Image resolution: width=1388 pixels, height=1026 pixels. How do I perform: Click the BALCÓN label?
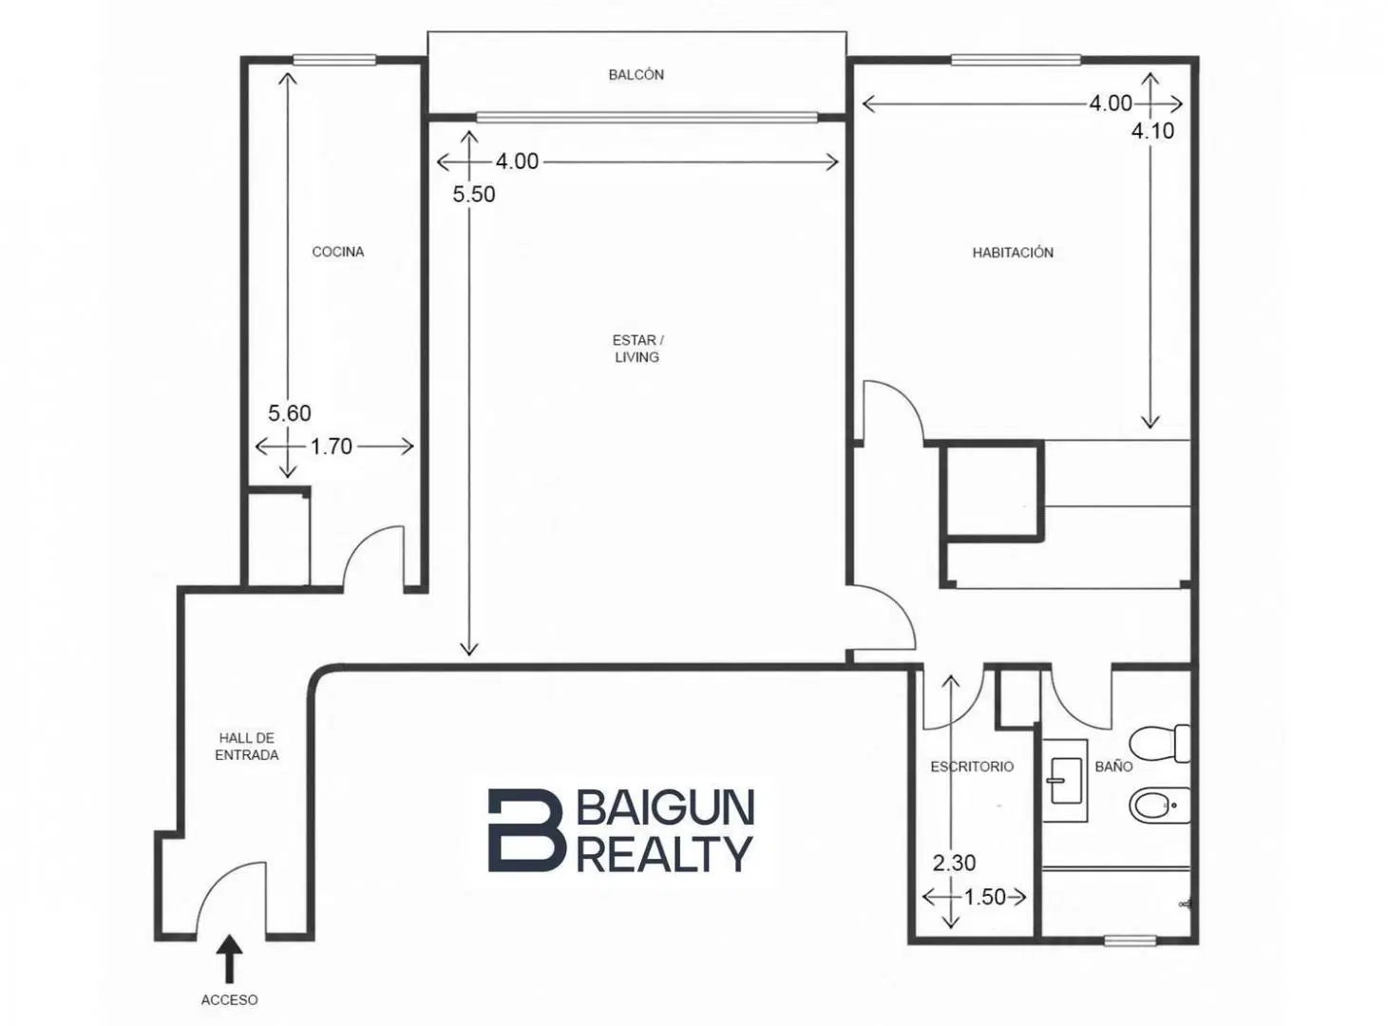tap(636, 75)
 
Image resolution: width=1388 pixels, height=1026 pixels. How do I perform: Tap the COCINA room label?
tap(338, 252)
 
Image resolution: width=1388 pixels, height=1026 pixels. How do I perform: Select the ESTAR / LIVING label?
tap(637, 349)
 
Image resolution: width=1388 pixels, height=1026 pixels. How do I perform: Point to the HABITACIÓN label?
tap(1013, 253)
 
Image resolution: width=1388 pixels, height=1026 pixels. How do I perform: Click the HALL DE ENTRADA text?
tap(247, 746)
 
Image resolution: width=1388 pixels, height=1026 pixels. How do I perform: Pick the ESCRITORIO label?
tap(972, 767)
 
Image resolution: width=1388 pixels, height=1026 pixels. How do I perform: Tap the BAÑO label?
tap(1113, 767)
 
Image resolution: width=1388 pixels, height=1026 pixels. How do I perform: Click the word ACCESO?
tap(230, 999)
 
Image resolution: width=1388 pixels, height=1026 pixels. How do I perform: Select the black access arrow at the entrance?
tap(230, 959)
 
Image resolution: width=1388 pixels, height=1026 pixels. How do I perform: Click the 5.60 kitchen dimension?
tap(290, 413)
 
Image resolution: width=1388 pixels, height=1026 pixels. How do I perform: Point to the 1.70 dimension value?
tap(332, 446)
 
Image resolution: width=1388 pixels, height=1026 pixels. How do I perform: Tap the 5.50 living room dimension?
tap(474, 194)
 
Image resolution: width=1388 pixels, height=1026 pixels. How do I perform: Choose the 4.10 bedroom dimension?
tap(1152, 131)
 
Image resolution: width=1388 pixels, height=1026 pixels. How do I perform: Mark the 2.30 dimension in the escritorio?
tap(955, 864)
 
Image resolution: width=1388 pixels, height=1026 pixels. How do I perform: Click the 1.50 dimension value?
tap(985, 897)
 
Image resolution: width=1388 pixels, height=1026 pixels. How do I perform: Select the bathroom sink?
tap(1064, 780)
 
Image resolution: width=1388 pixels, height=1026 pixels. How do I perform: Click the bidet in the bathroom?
tap(1160, 806)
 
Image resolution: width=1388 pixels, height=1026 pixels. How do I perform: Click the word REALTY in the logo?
tap(665, 854)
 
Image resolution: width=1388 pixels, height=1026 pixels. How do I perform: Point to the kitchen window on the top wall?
tap(334, 60)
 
